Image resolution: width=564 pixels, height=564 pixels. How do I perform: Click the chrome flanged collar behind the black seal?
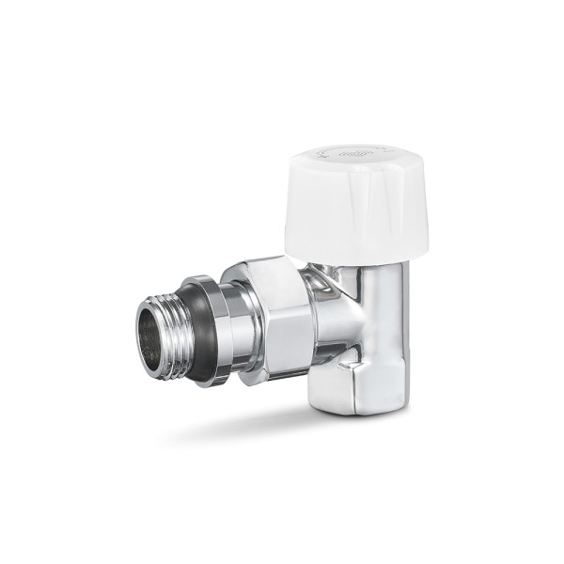218,329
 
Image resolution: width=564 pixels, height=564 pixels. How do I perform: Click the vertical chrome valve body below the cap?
381,310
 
